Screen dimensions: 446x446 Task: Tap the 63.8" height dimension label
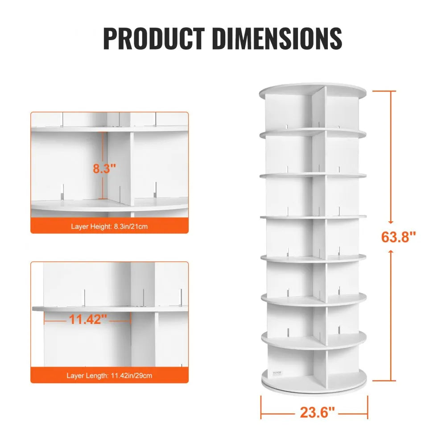(x=398, y=236)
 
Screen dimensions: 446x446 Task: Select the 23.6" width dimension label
(x=317, y=413)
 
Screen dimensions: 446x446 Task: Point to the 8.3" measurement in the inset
(x=104, y=169)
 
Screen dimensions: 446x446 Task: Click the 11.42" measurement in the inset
(x=88, y=319)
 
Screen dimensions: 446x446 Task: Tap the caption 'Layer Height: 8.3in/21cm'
(x=109, y=227)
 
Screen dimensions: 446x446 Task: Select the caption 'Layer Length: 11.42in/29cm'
(x=109, y=376)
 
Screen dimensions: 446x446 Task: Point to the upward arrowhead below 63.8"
(x=390, y=252)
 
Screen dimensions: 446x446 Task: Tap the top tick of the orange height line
(x=384, y=91)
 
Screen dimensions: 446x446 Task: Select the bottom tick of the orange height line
(x=384, y=381)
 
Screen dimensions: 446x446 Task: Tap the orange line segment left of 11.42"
(x=55, y=319)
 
